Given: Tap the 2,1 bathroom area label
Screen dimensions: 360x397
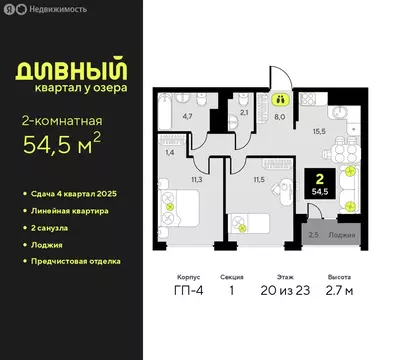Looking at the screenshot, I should [245, 113].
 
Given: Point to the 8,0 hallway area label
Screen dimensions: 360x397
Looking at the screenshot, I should [281, 115].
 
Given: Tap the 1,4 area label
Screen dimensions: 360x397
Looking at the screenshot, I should [170, 152].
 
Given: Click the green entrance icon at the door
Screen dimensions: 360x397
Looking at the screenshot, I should [281, 98].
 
